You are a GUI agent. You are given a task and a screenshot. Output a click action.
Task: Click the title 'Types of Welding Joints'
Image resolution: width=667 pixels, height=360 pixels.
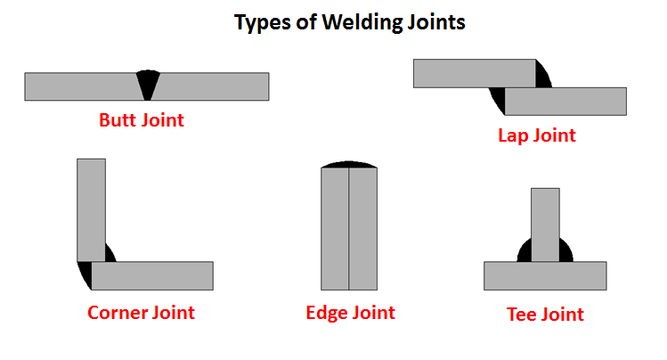click(349, 23)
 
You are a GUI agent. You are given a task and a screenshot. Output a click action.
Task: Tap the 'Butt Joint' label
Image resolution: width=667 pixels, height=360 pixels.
click(142, 119)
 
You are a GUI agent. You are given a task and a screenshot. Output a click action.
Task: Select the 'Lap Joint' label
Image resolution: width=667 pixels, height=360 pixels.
click(536, 135)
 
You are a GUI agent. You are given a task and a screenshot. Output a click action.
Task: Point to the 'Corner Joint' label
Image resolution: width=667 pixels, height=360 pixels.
click(141, 312)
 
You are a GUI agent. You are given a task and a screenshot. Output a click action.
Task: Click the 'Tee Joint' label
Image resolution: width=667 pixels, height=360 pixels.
click(544, 314)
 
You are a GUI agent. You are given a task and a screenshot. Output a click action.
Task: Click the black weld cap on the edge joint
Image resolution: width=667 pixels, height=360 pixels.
click(349, 165)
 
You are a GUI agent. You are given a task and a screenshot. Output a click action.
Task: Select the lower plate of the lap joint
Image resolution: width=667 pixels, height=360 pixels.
click(565, 102)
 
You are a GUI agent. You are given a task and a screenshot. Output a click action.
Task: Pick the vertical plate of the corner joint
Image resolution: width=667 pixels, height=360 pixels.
click(91, 209)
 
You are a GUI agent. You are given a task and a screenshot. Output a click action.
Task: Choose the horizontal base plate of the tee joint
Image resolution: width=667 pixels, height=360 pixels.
click(545, 276)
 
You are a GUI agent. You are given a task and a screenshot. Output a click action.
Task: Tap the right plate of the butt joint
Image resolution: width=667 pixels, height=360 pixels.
click(214, 86)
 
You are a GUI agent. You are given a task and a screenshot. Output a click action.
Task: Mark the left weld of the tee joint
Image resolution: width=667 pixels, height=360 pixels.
click(525, 251)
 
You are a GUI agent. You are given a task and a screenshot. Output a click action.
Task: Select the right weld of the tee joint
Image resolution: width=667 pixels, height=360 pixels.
click(565, 251)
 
